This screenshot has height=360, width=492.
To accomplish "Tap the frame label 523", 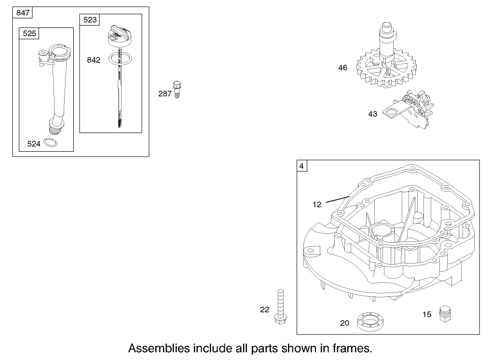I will [90, 19].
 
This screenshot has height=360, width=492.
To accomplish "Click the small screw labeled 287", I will [177, 89].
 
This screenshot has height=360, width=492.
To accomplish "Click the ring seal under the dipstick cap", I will [120, 58].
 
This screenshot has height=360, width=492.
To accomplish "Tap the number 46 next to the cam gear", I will [342, 68].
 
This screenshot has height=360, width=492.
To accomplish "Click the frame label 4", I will [301, 166].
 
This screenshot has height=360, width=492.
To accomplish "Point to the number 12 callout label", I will [316, 204].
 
